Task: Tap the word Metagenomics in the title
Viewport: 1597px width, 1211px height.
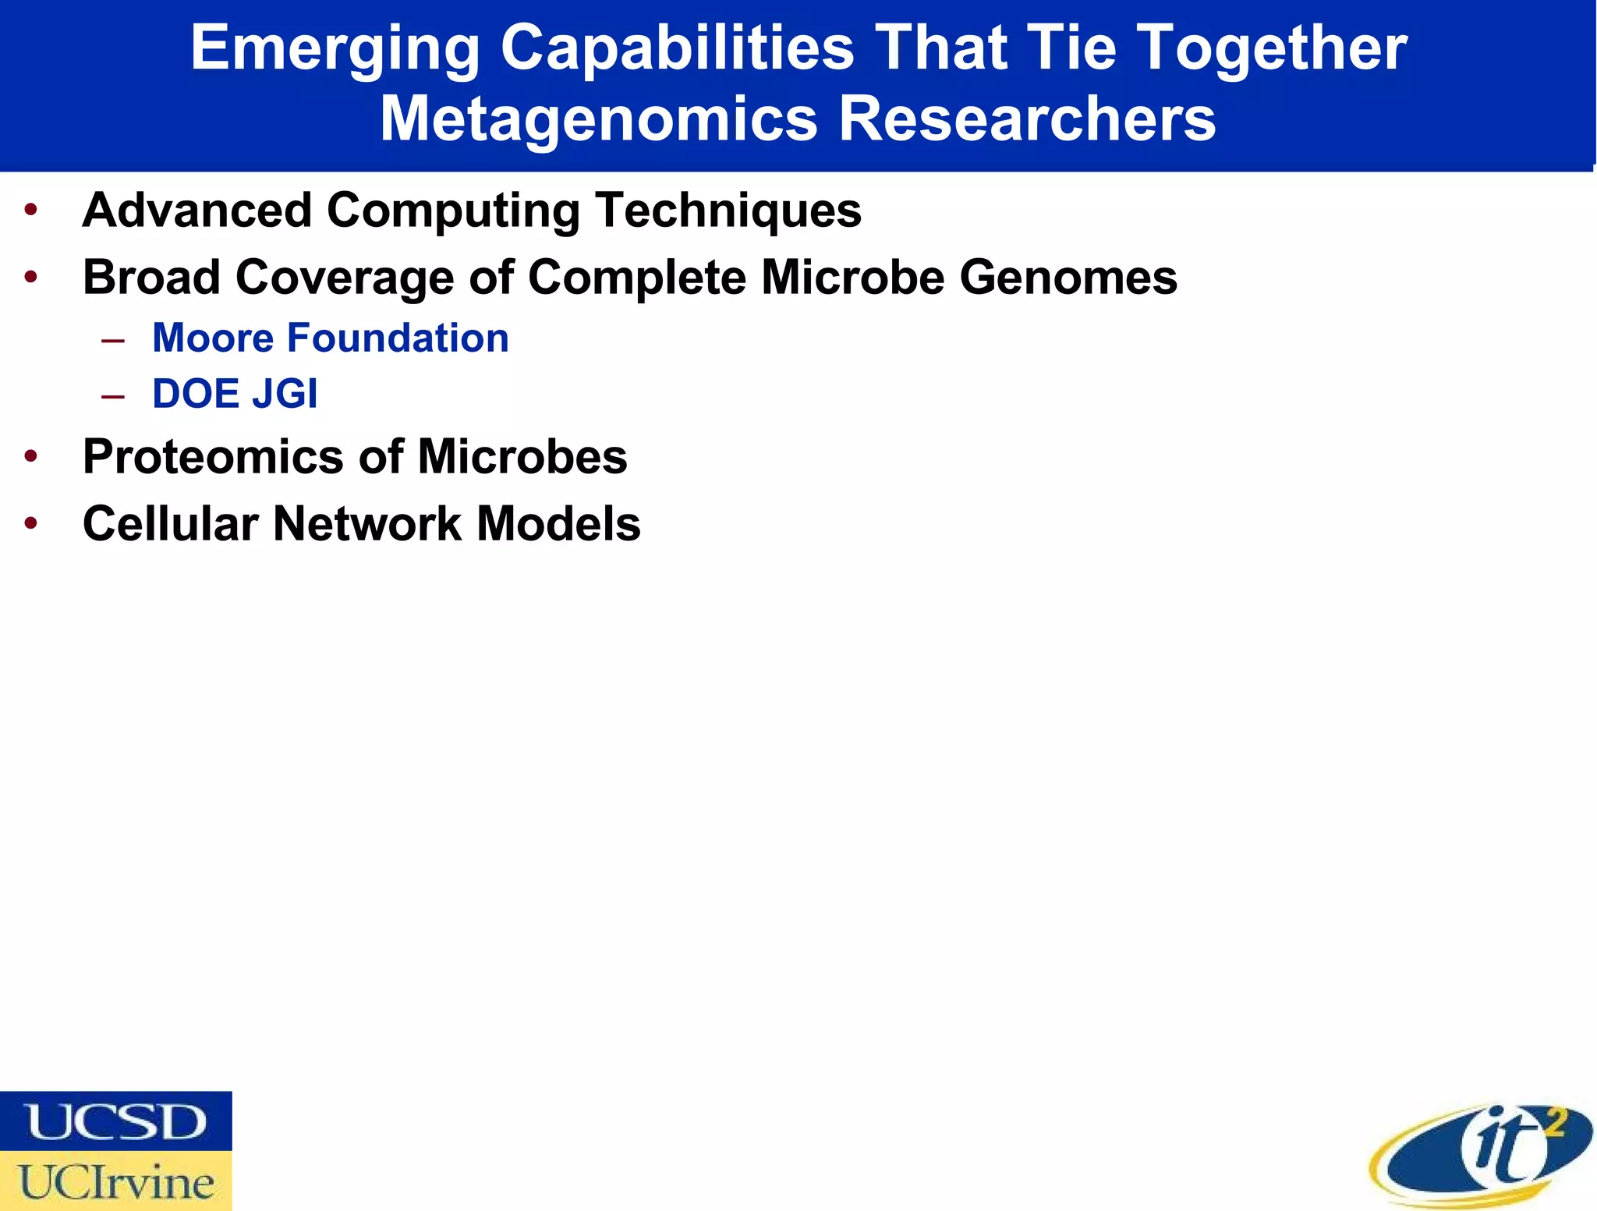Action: click(x=598, y=119)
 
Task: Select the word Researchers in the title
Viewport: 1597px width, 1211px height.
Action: click(x=1027, y=119)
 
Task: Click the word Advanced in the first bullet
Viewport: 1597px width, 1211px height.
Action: click(x=197, y=211)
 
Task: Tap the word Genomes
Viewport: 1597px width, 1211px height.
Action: click(x=1068, y=278)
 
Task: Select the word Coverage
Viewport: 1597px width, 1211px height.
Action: click(x=345, y=278)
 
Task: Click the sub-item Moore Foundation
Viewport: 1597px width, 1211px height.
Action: click(x=331, y=338)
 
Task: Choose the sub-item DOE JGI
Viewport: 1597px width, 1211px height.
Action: click(x=235, y=394)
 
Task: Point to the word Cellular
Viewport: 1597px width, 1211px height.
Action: click(x=170, y=524)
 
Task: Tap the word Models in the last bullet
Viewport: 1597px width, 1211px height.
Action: click(x=558, y=524)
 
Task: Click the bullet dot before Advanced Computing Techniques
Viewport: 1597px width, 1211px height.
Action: click(x=31, y=211)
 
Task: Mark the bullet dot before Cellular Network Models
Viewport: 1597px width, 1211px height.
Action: click(x=31, y=524)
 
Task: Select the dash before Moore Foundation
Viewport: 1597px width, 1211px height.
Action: click(x=113, y=340)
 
